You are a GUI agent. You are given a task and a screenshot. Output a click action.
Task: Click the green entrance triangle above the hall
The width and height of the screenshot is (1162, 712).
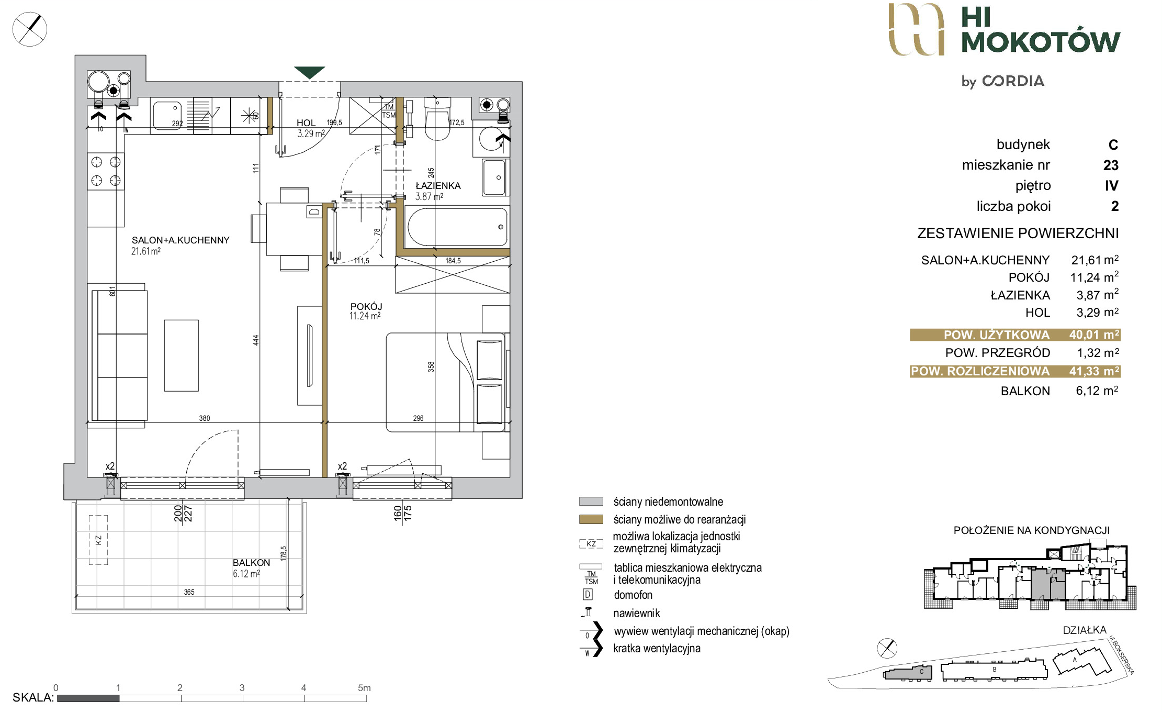[309, 72]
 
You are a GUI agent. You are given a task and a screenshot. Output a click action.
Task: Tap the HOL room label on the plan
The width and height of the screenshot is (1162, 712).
[306, 123]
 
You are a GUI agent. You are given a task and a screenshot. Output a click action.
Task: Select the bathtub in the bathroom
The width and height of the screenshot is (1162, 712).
[457, 227]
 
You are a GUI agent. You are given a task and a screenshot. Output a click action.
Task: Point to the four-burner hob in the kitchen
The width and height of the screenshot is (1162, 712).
[106, 171]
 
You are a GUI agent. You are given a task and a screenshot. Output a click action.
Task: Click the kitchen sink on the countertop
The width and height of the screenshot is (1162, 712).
[167, 116]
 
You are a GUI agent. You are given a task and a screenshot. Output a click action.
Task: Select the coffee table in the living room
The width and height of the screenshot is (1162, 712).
[182, 355]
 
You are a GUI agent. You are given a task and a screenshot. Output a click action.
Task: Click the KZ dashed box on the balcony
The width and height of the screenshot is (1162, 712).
[98, 540]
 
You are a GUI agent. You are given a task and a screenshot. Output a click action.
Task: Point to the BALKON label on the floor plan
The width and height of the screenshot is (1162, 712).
[252, 563]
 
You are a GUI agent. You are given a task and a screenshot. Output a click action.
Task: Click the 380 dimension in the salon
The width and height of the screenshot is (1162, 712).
[205, 418]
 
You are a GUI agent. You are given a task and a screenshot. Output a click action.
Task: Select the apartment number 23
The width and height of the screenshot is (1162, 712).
[1111, 165]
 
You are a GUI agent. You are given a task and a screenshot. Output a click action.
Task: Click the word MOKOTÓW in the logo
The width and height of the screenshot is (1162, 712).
[1041, 42]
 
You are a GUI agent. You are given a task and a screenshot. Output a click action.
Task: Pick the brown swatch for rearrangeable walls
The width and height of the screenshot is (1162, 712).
[591, 519]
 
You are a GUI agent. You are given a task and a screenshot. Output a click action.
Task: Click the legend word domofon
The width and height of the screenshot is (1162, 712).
[633, 595]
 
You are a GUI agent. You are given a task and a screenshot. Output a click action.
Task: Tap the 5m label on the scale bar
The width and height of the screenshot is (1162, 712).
[364, 688]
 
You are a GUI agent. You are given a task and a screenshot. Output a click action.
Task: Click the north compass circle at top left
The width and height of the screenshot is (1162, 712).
[30, 29]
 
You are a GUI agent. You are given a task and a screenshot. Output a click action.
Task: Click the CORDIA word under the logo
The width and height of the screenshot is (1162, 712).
[1013, 81]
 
